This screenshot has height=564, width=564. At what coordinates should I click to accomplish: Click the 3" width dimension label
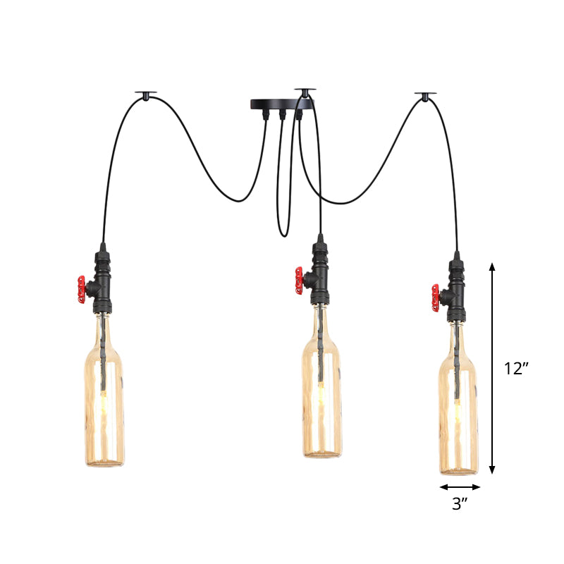click(460, 504)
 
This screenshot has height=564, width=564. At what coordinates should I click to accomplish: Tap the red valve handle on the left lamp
click(82, 289)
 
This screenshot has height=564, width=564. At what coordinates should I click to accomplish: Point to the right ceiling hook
click(426, 94)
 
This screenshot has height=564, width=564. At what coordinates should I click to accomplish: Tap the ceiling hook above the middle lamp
click(305, 92)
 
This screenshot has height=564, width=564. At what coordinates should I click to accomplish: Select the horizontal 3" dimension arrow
click(460, 486)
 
